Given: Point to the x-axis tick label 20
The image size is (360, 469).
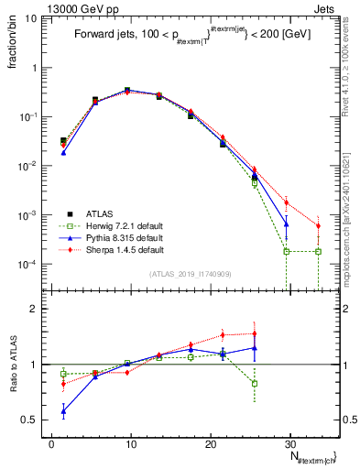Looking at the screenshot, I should [210, 443].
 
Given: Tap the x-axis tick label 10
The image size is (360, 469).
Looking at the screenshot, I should [130, 443].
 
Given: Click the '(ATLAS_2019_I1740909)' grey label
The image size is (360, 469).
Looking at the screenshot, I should [190, 274].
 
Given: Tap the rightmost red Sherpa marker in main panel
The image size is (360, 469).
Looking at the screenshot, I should [318, 225].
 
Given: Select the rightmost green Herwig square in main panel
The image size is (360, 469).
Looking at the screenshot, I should [318, 251].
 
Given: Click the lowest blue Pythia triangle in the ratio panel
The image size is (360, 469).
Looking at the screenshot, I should [63, 411].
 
